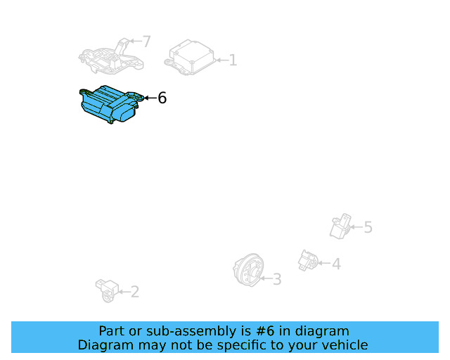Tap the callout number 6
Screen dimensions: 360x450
click(162, 98)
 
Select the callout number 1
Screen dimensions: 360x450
click(233, 61)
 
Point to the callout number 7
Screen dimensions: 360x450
click(146, 41)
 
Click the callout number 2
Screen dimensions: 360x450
click(134, 291)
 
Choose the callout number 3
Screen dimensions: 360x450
click(277, 279)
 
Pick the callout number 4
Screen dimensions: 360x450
click(336, 264)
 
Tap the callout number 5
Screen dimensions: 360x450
click(368, 227)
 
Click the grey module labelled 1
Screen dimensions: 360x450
click(191, 56)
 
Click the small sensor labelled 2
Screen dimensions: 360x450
click(105, 289)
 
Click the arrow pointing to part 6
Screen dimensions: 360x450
click(148, 98)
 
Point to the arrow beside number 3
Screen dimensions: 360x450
click(266, 279)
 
